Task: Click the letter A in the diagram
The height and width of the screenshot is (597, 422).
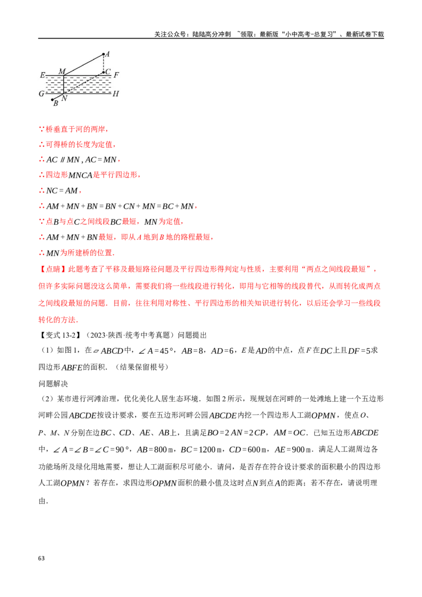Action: pyautogui.click(x=108, y=54)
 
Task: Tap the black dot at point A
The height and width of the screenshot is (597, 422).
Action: pyautogui.click(x=103, y=54)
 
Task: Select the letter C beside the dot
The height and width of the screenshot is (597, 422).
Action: pyautogui.click(x=108, y=72)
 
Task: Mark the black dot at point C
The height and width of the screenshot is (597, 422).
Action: pyautogui.click(x=103, y=72)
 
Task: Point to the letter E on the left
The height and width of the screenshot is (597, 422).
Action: pyautogui.click(x=42, y=75)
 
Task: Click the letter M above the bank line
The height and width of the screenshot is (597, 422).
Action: pyautogui.click(x=62, y=71)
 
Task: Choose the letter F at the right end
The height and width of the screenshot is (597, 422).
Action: pyautogui.click(x=116, y=75)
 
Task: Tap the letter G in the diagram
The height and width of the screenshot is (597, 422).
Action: pyautogui.click(x=42, y=93)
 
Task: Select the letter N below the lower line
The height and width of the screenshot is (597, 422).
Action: pyautogui.click(x=64, y=98)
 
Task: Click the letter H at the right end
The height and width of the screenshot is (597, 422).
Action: pyautogui.click(x=116, y=94)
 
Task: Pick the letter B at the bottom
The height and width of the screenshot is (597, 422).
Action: pyautogui.click(x=55, y=103)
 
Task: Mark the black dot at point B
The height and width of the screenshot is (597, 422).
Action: pyautogui.click(x=52, y=99)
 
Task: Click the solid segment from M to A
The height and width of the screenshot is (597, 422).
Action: pyautogui.click(x=83, y=64)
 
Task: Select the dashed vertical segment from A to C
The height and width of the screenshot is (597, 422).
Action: pyautogui.click(x=103, y=63)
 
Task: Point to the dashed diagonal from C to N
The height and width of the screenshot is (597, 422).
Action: pyautogui.click(x=84, y=82)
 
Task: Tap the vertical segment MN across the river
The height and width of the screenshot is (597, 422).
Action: pyautogui.click(x=64, y=84)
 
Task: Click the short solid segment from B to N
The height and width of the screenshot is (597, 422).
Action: pyautogui.click(x=57, y=97)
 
